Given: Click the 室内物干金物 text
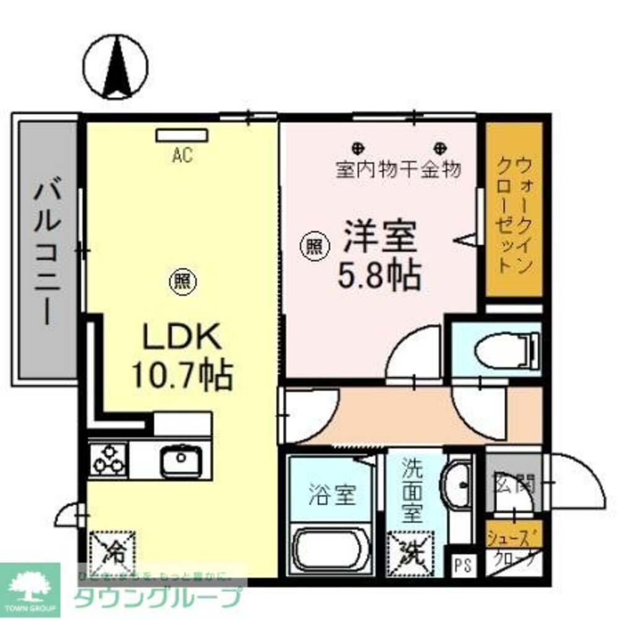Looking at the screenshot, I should coord(398,169).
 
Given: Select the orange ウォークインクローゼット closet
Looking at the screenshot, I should coord(514,209).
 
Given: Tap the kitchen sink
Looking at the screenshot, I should coord(180,459).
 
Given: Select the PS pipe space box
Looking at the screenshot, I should coord(462,564).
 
